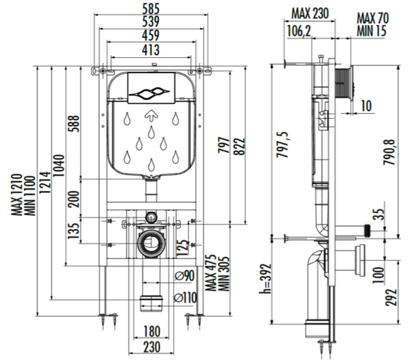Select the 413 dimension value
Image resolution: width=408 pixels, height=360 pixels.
click(x=151, y=49)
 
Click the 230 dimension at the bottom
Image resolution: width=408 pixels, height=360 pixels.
click(x=151, y=348)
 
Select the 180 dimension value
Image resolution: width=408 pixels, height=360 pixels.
click(x=151, y=331)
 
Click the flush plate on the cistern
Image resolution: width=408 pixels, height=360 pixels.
click(x=151, y=88)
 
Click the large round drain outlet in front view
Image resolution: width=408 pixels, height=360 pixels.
click(x=151, y=242)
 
